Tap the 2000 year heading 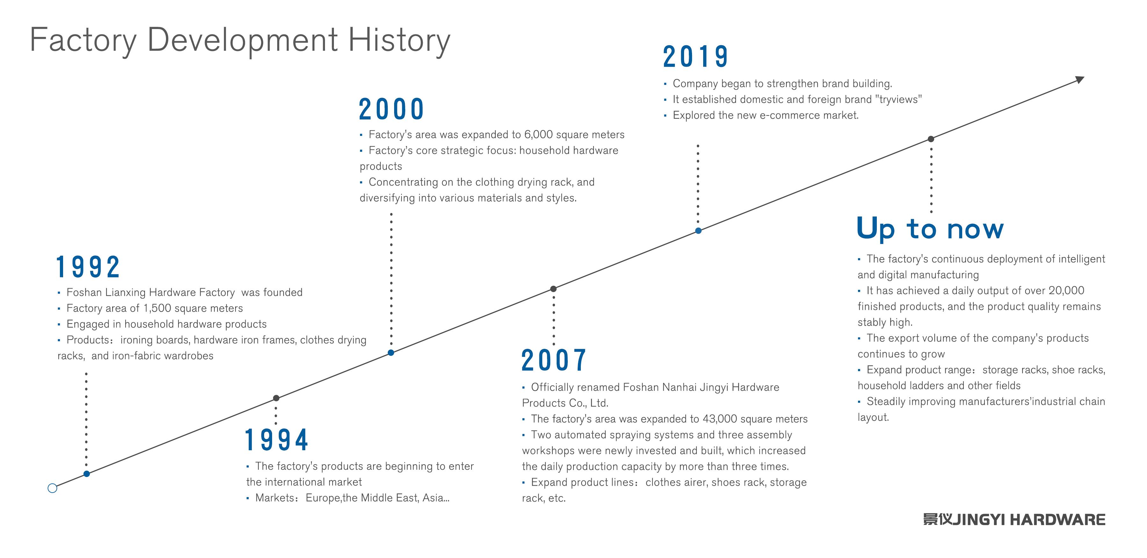(x=391, y=109)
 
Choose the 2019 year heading (x=695, y=57)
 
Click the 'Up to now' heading (x=930, y=228)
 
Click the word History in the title (x=399, y=40)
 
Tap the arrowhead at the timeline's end (x=1080, y=80)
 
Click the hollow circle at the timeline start (x=52, y=488)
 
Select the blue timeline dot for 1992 (x=87, y=474)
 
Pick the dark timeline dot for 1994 (x=276, y=398)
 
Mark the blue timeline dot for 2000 (x=391, y=353)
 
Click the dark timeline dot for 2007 (x=553, y=289)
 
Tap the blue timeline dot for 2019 (x=698, y=231)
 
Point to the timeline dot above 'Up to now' (x=931, y=139)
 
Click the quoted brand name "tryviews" (x=898, y=99)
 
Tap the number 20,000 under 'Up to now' (x=1066, y=290)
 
